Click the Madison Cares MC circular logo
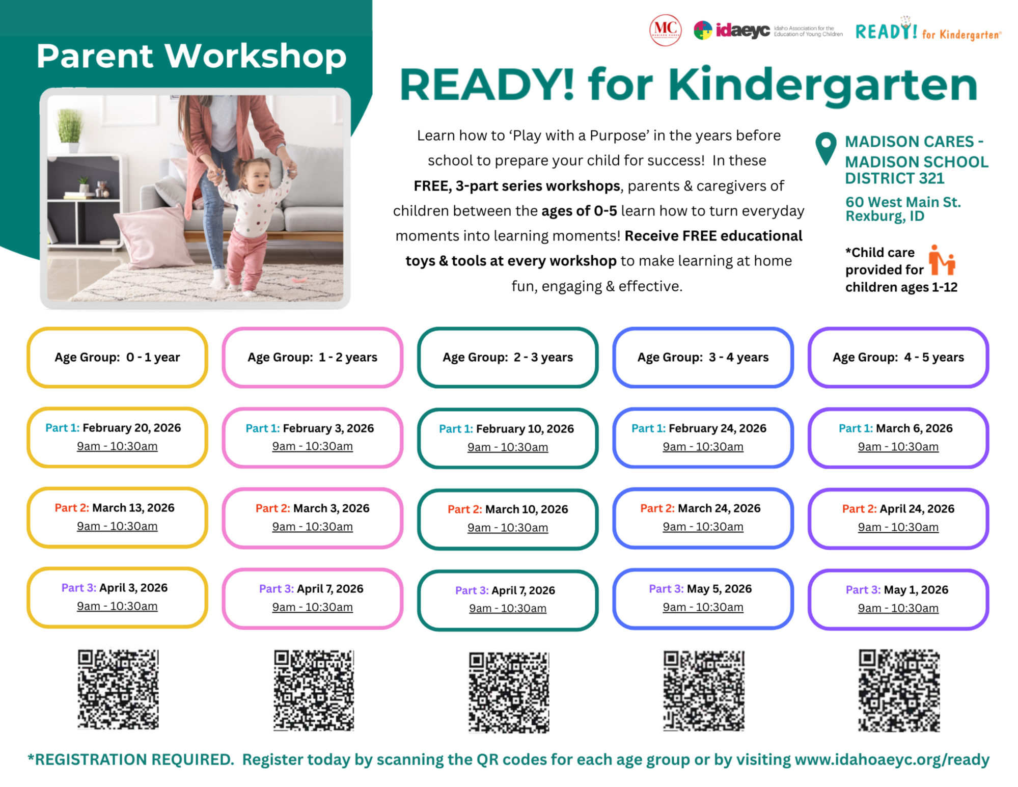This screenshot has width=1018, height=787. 665,31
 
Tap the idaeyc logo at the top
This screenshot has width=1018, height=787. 732,31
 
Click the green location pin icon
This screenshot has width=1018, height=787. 826,148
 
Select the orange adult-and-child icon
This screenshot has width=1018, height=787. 941,260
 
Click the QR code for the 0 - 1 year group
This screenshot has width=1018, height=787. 118,689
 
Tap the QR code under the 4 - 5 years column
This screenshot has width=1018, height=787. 899,690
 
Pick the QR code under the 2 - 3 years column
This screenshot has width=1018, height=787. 508,692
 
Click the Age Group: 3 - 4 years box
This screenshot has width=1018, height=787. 703,357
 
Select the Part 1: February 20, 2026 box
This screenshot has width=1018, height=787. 117,437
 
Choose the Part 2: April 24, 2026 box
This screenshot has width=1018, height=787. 898,518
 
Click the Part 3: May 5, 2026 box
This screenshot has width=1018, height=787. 703,598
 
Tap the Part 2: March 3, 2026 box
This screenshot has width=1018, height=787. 312,518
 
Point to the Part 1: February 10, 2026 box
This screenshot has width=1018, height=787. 507,438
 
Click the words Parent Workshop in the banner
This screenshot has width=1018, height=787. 191,56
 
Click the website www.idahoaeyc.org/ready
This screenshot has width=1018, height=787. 892,759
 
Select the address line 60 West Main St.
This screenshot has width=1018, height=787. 903,202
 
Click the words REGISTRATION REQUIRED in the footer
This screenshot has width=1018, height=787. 131,759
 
